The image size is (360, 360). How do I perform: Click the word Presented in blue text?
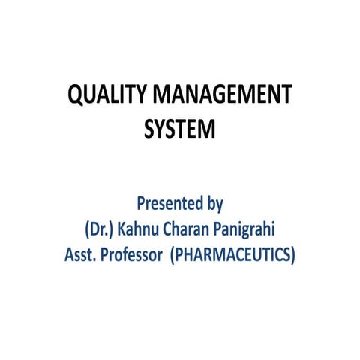[169, 203]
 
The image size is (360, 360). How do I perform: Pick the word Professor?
[132, 254]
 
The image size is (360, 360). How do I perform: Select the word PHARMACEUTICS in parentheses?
[232, 254]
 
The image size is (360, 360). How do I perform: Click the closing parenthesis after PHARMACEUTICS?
[293, 254]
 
